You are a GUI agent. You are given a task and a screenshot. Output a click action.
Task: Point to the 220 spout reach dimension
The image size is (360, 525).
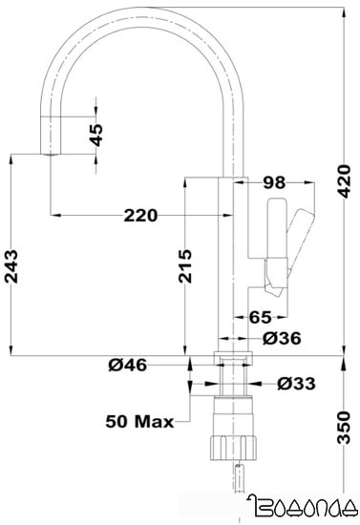(140, 216)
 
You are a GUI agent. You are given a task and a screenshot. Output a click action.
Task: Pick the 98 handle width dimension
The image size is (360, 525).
(275, 181)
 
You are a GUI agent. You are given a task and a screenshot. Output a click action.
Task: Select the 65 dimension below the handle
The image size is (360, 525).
(261, 318)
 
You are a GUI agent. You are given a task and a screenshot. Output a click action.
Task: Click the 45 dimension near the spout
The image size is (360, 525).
(95, 134)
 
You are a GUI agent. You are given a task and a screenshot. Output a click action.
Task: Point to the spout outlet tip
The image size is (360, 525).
(48, 153)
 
